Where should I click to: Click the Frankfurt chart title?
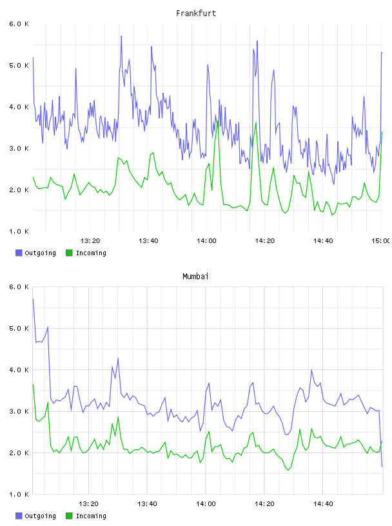(196, 14)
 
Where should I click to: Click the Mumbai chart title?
(195, 277)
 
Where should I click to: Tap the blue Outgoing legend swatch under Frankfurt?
(19, 253)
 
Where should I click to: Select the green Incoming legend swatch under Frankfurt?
(69, 253)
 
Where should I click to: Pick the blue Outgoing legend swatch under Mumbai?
(19, 516)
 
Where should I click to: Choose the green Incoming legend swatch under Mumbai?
(69, 516)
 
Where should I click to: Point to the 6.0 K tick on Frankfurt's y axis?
(19, 24)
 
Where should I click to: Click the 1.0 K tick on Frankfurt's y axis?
(19, 231)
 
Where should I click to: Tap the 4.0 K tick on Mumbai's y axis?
(19, 370)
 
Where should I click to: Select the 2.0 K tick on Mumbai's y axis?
(19, 453)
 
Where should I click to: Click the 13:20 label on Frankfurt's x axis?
(90, 241)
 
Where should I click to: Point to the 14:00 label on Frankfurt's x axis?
(207, 241)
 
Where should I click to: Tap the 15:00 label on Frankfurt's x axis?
(381, 241)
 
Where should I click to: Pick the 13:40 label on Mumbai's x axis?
(148, 504)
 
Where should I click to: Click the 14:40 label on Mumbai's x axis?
(323, 504)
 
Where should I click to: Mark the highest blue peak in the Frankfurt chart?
(121, 36)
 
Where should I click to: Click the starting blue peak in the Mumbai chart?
(33, 298)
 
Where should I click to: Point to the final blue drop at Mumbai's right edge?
(382, 466)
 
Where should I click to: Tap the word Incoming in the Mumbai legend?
(91, 516)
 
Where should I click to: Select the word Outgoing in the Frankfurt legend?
(40, 253)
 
